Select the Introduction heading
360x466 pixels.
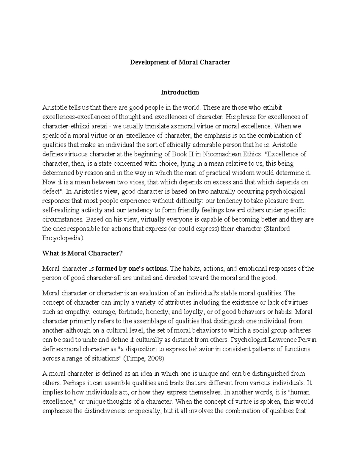[x=180, y=92]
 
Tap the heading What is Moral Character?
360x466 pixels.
[x=82, y=253]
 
